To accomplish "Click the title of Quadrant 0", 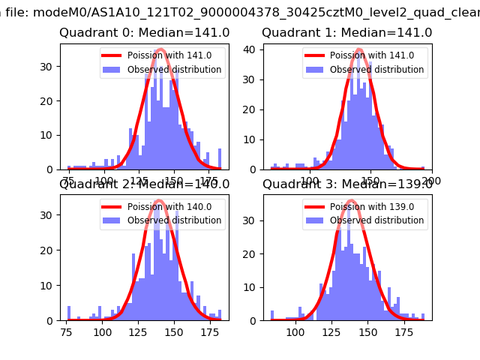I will pyautogui.click(x=145, y=33).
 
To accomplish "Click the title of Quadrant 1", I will pyautogui.click(x=347, y=33).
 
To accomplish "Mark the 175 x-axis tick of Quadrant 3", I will pyautogui.click(x=410, y=331).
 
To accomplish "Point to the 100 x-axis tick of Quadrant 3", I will pyautogui.click(x=295, y=331).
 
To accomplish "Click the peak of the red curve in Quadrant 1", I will pyautogui.click(x=358, y=49).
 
